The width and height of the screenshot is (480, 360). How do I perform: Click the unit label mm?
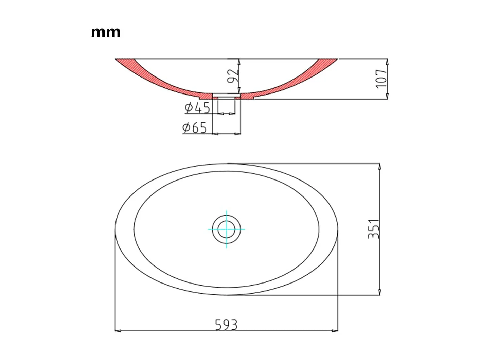tap(106, 32)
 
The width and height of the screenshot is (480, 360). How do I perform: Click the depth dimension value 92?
tap(233, 76)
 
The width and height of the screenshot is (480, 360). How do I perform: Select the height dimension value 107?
tap(382, 79)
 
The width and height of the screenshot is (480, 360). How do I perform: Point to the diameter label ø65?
tap(194, 128)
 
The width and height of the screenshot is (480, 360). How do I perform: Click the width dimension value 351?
tap(374, 229)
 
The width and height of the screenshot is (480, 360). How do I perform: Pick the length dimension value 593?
tap(226, 325)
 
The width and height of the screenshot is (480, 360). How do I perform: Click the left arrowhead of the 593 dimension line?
tap(118, 330)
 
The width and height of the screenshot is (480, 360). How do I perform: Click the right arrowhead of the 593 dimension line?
tap(336, 330)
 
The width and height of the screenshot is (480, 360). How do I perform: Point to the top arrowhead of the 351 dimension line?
tap(379, 166)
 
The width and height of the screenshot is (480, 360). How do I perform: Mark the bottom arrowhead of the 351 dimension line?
tap(379, 292)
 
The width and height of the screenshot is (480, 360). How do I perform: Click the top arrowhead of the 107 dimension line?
tap(387, 62)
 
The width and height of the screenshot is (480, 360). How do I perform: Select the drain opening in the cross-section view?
tap(227, 96)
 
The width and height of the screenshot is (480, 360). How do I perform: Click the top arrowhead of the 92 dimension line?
tap(239, 62)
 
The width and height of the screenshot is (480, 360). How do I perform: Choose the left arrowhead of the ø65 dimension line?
tap(215, 133)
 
